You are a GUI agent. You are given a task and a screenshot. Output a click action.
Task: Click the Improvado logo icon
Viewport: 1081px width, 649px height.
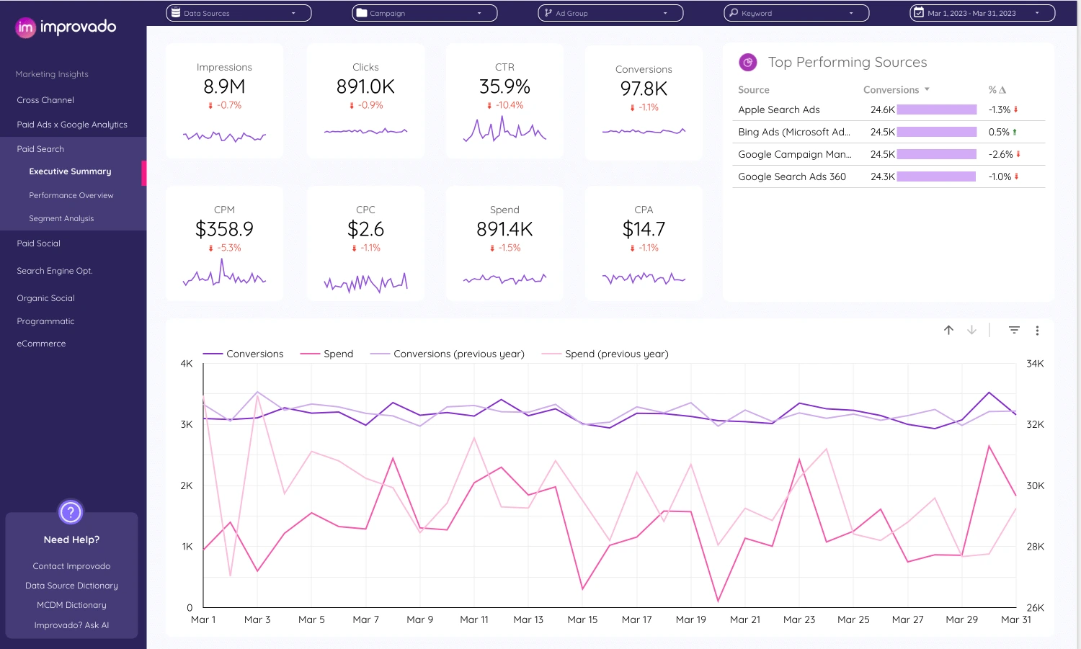25,27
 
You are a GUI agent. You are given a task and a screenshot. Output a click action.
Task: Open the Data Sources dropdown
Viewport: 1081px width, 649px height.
239,13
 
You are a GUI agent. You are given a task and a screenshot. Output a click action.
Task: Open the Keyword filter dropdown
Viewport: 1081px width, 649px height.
796,13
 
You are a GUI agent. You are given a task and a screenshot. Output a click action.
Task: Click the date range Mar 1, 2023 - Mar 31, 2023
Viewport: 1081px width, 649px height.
982,13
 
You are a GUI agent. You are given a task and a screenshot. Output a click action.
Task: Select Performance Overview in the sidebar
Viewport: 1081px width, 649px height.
71,195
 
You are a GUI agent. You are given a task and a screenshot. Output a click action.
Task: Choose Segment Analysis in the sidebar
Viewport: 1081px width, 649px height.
61,218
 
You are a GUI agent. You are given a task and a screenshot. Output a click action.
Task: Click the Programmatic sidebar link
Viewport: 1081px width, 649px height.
45,321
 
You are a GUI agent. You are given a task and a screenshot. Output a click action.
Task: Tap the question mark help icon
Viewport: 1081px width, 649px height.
71,512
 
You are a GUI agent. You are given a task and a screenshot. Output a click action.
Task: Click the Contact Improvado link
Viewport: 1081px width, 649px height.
71,566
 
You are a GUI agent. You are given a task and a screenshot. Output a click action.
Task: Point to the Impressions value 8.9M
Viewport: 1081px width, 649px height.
224,87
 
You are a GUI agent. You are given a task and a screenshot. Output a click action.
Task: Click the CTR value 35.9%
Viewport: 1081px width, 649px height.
504,87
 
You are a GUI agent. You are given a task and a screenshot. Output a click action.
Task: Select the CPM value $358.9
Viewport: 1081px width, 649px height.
224,230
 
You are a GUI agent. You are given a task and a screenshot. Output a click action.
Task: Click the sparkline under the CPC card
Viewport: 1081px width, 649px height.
365,282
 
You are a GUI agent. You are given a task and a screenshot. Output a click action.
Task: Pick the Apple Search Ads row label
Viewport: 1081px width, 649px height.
778,109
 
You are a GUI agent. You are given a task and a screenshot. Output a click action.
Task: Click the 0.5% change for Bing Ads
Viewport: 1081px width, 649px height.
999,132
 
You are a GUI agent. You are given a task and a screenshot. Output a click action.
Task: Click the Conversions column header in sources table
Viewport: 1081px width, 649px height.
891,90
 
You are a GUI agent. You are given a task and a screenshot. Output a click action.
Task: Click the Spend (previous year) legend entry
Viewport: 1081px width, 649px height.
616,354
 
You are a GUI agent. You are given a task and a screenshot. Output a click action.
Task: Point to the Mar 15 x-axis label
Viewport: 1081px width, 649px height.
582,619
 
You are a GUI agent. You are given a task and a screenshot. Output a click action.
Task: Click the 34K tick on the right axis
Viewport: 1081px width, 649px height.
1035,364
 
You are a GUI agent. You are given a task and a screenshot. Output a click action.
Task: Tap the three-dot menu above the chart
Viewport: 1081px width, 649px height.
1037,331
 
